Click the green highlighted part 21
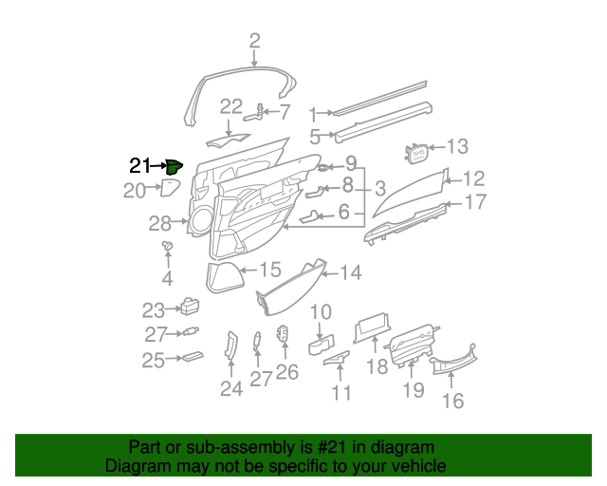174,167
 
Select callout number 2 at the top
254,40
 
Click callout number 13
457,147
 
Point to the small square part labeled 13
414,150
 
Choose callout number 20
135,191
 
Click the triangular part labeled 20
170,187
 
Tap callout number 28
159,224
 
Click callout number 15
270,271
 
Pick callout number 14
350,273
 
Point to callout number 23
154,309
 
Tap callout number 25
154,360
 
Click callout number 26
286,372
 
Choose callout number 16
452,401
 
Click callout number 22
231,106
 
